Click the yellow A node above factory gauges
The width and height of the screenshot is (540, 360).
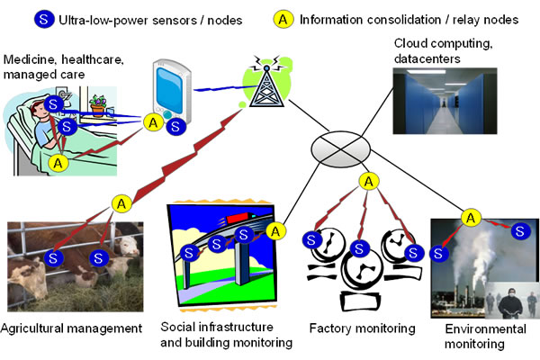click(367, 183)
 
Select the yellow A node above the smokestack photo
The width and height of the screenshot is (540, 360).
click(470, 217)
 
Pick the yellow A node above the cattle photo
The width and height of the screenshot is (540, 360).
click(119, 204)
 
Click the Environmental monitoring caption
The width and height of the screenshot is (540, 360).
click(486, 336)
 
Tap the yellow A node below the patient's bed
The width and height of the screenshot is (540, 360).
click(58, 163)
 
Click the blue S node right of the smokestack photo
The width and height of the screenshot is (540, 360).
click(519, 232)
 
